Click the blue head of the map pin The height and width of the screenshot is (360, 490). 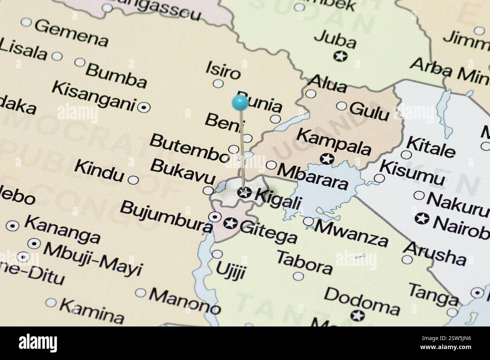point(240,102)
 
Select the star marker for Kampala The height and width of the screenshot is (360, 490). point(327,159)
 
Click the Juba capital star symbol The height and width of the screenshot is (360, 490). point(340,56)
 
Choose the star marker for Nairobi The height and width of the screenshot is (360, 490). point(422,218)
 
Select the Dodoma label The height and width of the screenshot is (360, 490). point(362,301)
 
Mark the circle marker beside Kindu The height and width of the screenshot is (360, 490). point(133,180)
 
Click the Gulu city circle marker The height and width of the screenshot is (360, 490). point(341,106)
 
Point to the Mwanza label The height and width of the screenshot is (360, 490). point(351,233)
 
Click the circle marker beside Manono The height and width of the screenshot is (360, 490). point(140,293)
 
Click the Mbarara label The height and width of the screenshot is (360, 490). point(313,176)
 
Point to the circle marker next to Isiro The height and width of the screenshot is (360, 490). point(218,84)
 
